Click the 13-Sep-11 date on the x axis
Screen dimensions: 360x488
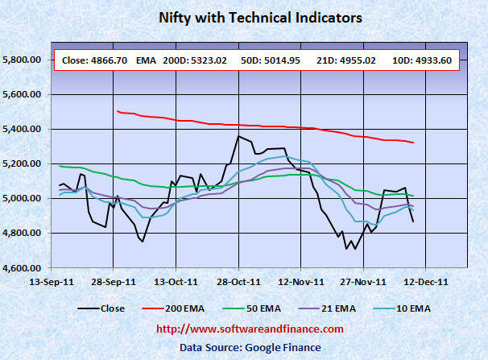(49, 281)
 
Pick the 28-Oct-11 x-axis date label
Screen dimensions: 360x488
(238, 281)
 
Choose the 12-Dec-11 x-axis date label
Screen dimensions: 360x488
(426, 281)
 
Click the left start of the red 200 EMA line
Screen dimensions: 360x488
(118, 111)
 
